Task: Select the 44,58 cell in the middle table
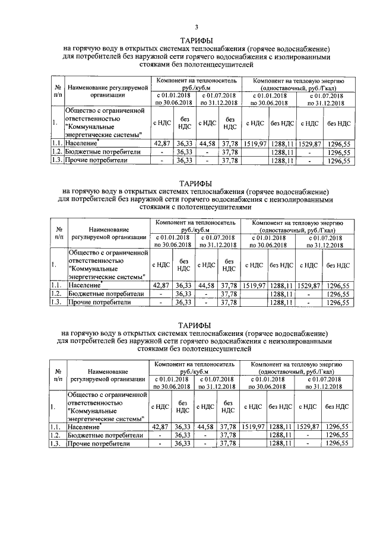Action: pos(206,285)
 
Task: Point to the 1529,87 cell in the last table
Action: pos(309,426)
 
